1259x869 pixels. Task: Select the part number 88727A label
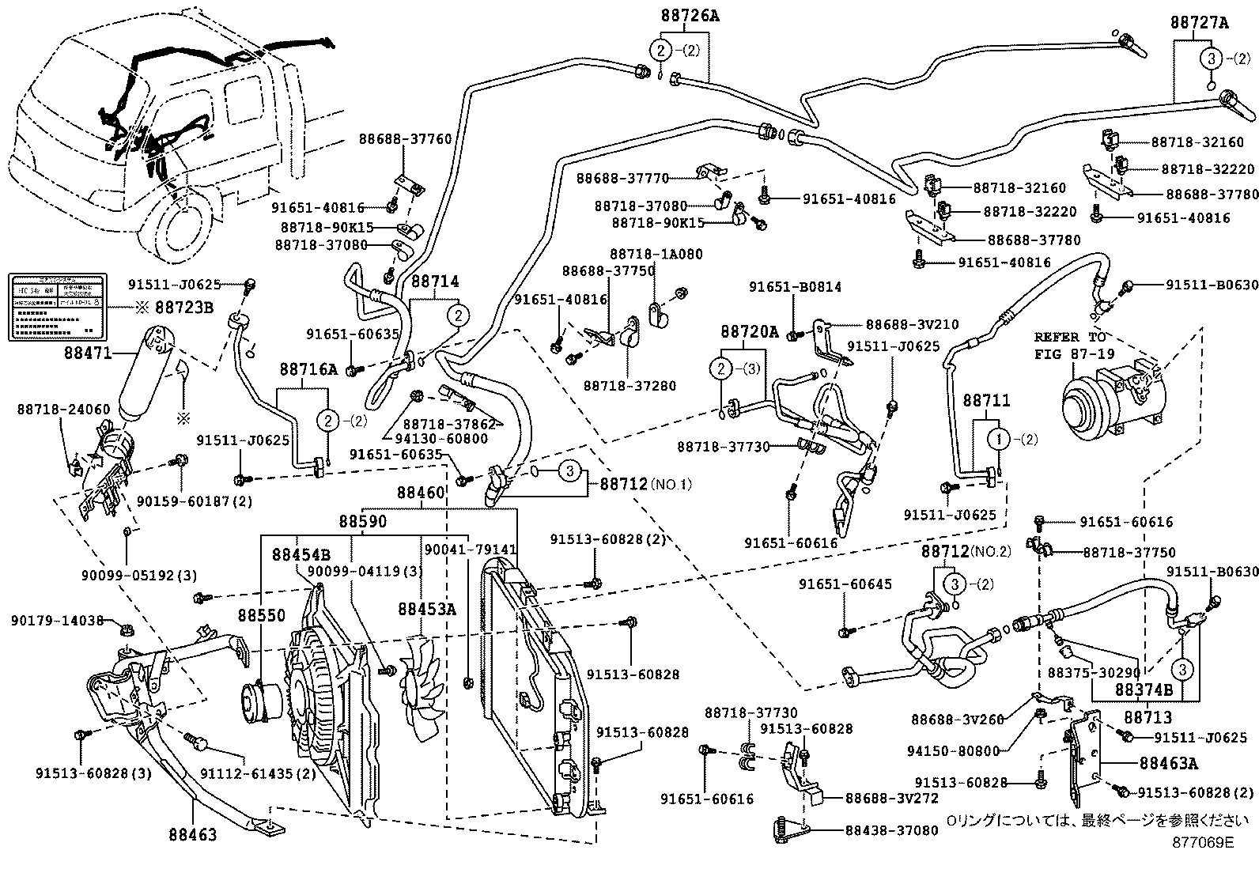1200,24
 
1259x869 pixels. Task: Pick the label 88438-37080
892,830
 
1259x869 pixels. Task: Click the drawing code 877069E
1203,842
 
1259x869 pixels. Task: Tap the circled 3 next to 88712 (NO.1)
569,471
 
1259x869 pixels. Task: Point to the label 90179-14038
58,621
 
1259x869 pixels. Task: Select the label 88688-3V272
892,799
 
